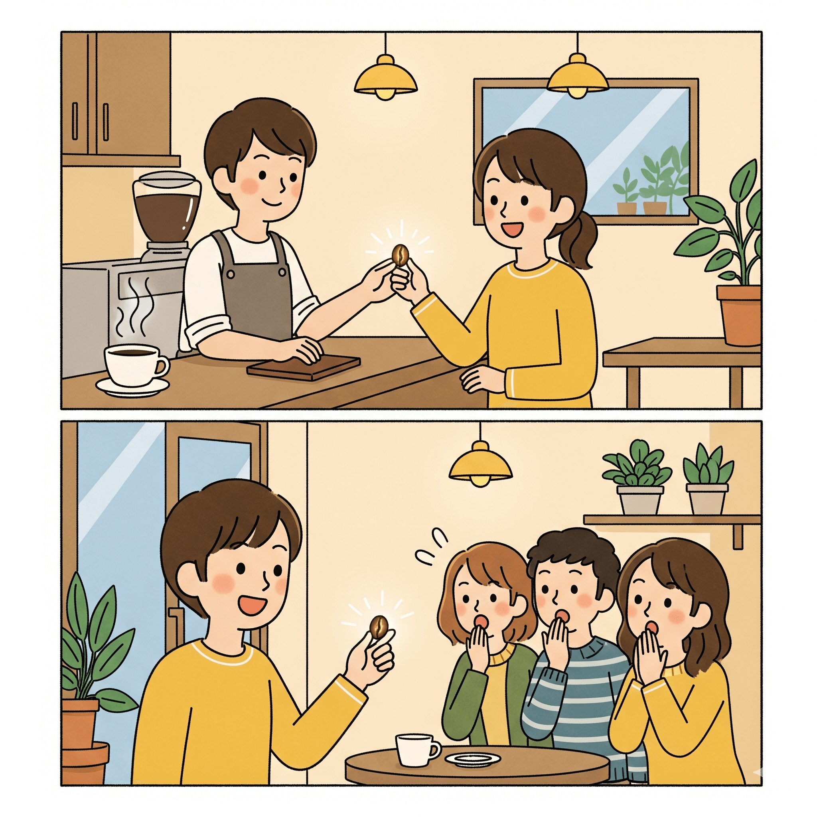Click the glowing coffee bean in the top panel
400,255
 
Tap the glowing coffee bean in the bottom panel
379,627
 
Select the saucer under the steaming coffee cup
132,386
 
